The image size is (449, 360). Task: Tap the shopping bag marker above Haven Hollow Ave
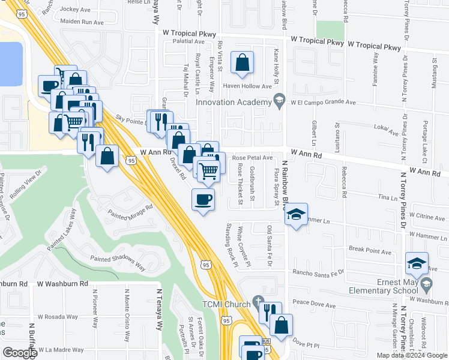click(x=242, y=62)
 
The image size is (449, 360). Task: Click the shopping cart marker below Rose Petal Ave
click(x=209, y=170)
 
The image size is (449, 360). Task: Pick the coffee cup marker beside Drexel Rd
click(x=203, y=199)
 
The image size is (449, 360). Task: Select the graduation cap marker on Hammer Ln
click(x=296, y=214)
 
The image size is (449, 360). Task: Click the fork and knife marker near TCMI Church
click(x=270, y=312)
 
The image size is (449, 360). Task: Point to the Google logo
click(x=20, y=353)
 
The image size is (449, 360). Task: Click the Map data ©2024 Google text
click(x=411, y=355)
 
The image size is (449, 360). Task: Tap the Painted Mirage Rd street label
click(x=130, y=213)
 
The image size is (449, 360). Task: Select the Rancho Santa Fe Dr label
click(x=318, y=272)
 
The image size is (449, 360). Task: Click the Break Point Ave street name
click(x=370, y=249)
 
